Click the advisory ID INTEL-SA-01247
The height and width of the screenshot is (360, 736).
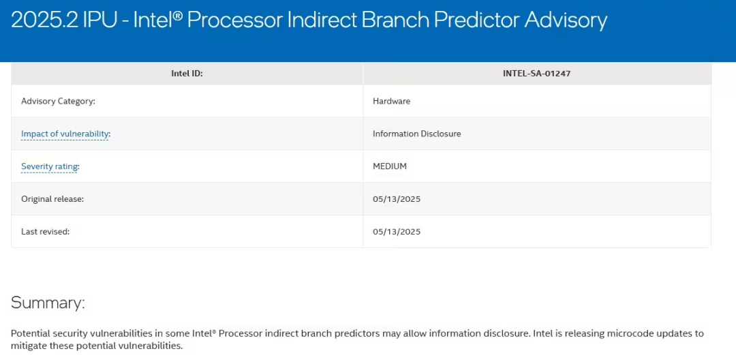pos(536,74)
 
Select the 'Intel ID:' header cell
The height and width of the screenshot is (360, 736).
pos(187,74)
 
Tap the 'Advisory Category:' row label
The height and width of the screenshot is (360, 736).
pos(58,101)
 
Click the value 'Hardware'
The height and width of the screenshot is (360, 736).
pos(391,101)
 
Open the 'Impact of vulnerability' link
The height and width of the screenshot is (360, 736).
pos(65,134)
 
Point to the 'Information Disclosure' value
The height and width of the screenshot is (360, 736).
pos(417,134)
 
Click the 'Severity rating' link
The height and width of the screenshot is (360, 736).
pos(49,166)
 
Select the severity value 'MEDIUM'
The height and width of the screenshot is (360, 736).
pos(390,166)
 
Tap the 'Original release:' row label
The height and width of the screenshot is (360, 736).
pos(52,199)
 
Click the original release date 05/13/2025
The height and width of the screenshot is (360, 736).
pos(397,199)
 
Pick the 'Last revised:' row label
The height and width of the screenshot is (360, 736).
pos(46,231)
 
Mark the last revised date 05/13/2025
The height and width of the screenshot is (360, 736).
pos(397,231)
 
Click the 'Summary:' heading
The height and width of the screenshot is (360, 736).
pos(48,303)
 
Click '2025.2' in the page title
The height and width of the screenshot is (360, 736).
pos(39,20)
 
